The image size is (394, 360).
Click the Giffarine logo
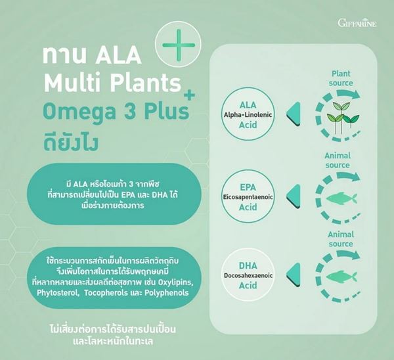click(x=357, y=23)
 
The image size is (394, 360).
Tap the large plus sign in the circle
click(x=179, y=45)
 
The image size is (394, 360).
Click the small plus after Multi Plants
click(x=190, y=95)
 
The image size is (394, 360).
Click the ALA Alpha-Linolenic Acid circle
click(x=248, y=115)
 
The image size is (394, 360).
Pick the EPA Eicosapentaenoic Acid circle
click(x=248, y=197)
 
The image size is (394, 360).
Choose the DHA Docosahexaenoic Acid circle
click(x=248, y=275)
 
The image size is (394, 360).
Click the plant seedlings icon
click(x=343, y=117)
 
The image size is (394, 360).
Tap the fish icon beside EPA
click(x=341, y=198)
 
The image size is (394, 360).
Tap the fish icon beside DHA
click(x=341, y=277)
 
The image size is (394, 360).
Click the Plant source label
click(x=341, y=78)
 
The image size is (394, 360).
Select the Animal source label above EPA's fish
click(x=338, y=160)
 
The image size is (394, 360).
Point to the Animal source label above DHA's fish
click(x=341, y=239)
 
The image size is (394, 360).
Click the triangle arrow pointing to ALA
click(x=294, y=114)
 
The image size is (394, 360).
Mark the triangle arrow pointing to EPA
click(x=294, y=196)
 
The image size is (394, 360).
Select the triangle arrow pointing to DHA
click(x=294, y=275)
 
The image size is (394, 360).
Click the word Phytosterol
click(x=56, y=293)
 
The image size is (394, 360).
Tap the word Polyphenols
click(x=166, y=293)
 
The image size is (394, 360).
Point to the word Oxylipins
click(x=176, y=282)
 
